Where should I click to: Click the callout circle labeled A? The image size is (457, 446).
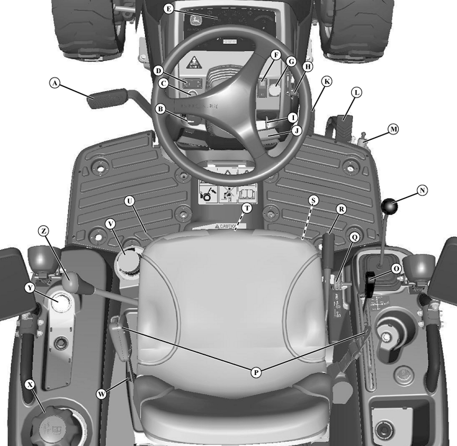pos(53,83)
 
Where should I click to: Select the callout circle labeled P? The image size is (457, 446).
pos(256,372)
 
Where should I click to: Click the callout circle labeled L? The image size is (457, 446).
pos(356,92)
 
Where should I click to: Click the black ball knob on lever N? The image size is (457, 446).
pos(391,207)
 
